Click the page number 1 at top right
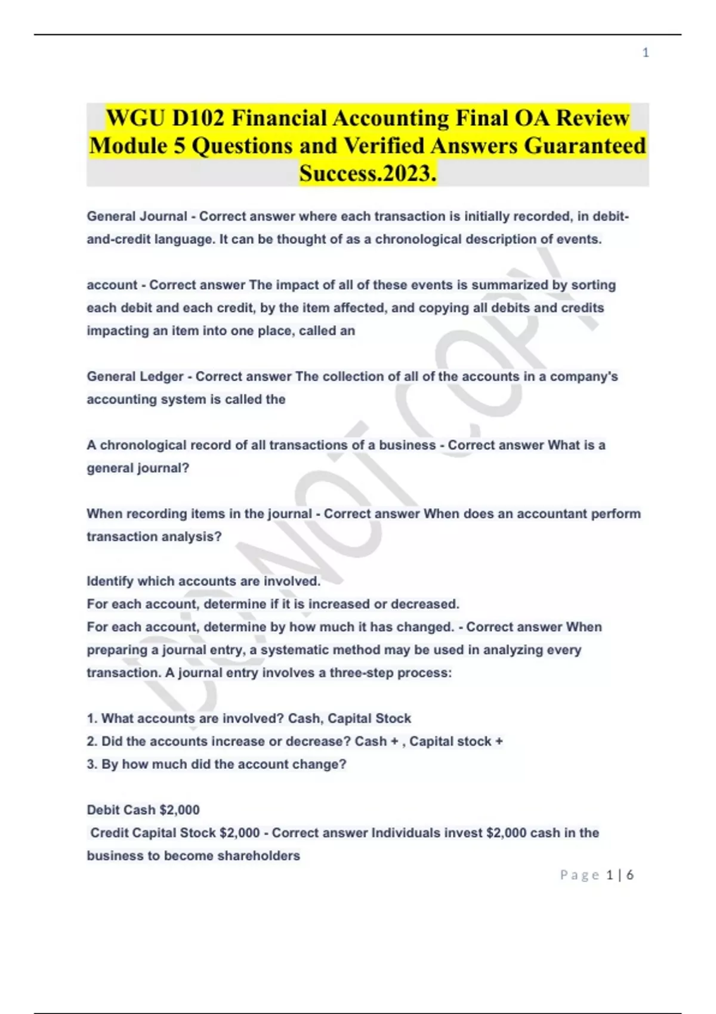click(x=646, y=53)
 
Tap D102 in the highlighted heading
click(x=199, y=118)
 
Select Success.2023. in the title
click(x=368, y=173)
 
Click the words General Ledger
click(x=135, y=376)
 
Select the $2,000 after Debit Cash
click(x=180, y=810)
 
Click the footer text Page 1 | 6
click(x=597, y=875)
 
